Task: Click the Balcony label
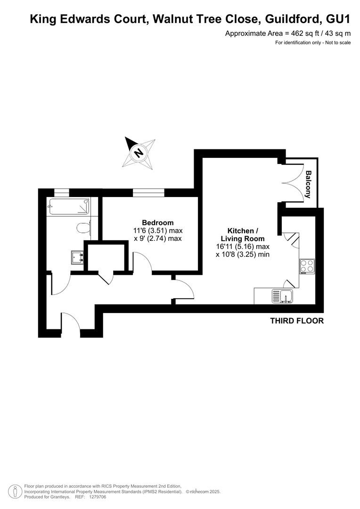pyautogui.click(x=308, y=184)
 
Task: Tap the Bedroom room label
pyautogui.click(x=158, y=222)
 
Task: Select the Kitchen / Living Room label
pyautogui.click(x=243, y=235)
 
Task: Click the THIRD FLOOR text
pyautogui.click(x=297, y=321)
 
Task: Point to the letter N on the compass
pyautogui.click(x=139, y=152)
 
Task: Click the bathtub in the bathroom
pyautogui.click(x=69, y=206)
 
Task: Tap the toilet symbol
pyautogui.click(x=84, y=227)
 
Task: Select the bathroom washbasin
pyautogui.click(x=78, y=258)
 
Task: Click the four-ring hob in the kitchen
pyautogui.click(x=307, y=266)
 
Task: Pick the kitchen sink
pyautogui.click(x=283, y=296)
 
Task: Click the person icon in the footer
pyautogui.click(x=15, y=492)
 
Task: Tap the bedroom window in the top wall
pyautogui.click(x=148, y=193)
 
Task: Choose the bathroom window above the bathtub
pyautogui.click(x=62, y=193)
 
